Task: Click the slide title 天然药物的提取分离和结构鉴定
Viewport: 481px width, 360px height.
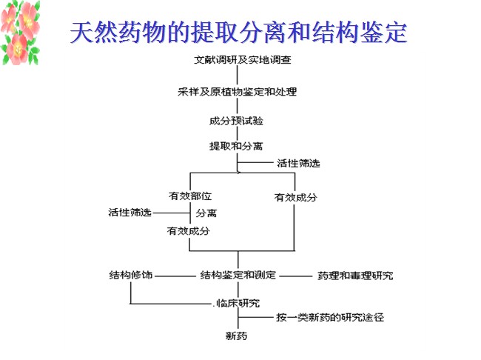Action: click(x=238, y=33)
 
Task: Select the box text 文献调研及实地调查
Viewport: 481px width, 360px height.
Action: click(x=237, y=59)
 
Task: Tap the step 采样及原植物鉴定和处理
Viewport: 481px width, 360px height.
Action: click(x=237, y=92)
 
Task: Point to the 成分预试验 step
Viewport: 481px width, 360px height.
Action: click(x=237, y=120)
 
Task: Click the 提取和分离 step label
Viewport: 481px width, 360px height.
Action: click(x=236, y=146)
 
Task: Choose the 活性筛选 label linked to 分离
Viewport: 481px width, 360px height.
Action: click(x=129, y=213)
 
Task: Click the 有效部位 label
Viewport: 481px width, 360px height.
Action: click(x=190, y=196)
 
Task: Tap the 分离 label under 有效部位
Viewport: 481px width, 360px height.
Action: click(x=206, y=213)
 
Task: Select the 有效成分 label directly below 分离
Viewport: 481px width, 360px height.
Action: click(x=189, y=231)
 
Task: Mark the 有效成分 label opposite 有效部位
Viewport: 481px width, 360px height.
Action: click(x=296, y=197)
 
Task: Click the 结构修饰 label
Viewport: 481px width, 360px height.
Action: click(x=130, y=276)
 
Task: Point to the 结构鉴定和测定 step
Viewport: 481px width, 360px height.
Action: click(x=238, y=276)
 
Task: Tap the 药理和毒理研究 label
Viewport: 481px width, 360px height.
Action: click(x=354, y=276)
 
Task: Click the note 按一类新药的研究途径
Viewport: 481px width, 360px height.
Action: click(x=329, y=317)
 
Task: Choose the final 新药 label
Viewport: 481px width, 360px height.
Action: click(x=237, y=336)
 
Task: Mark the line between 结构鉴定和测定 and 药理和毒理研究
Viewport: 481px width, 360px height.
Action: click(x=297, y=276)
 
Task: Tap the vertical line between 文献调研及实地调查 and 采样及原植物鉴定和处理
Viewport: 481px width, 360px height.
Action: click(x=238, y=75)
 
